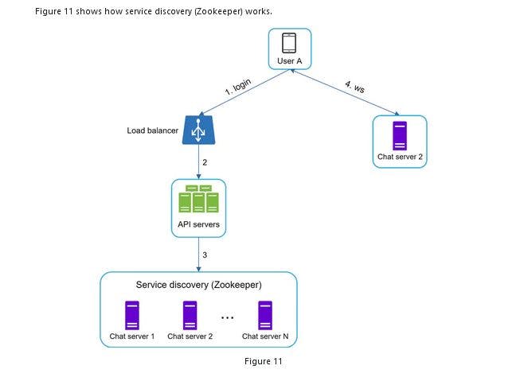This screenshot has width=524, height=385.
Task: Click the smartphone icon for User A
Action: (288, 43)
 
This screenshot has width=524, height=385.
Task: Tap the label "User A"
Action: (288, 60)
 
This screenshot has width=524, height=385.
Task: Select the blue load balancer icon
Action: (199, 130)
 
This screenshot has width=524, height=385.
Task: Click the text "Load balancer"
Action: (153, 130)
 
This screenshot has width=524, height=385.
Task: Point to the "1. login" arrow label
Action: (237, 87)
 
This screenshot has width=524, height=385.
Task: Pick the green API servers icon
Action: (199, 199)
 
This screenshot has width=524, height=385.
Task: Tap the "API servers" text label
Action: (199, 224)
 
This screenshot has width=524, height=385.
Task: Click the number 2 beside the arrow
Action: (205, 162)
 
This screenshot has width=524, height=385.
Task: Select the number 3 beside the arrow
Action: (205, 255)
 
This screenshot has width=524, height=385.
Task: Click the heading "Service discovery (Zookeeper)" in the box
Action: (198, 284)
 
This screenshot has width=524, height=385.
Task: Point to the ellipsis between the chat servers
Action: (228, 317)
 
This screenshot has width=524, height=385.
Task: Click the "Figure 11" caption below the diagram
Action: (263, 361)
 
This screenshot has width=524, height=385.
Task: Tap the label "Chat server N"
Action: (265, 336)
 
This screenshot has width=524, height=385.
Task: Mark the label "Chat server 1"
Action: (131, 336)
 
